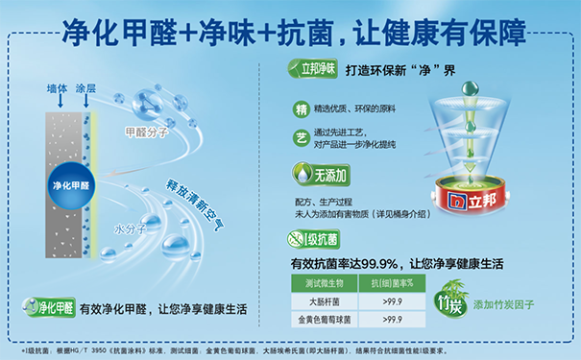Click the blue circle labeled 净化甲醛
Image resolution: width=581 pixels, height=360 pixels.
(70, 182)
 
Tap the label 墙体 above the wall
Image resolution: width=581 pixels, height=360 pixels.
(57, 88)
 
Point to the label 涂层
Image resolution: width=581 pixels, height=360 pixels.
(85, 88)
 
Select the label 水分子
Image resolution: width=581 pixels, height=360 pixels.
(130, 229)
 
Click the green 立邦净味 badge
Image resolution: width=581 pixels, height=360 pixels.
(312, 69)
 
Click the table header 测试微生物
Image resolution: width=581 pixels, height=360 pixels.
(325, 283)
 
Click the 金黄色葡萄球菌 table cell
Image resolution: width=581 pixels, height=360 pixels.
(325, 319)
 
